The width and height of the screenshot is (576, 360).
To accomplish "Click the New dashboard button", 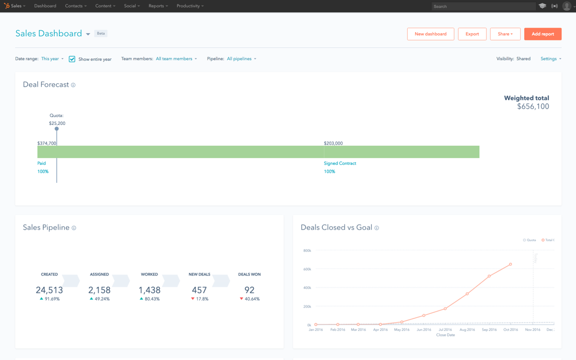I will click(430, 34).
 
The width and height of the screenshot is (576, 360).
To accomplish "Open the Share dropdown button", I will click(505, 34).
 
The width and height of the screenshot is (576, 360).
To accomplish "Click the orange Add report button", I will click(542, 34).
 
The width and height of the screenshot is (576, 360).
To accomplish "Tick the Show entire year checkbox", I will click(72, 59).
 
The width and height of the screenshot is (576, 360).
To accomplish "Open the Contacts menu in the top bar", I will click(75, 6).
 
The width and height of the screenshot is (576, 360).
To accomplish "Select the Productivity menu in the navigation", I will click(190, 6).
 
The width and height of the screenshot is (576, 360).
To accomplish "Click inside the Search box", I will click(483, 6).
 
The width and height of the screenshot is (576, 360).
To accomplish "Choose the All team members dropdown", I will click(176, 58).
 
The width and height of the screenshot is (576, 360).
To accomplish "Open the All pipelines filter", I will click(241, 58).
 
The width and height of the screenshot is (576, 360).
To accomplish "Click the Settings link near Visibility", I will click(550, 58).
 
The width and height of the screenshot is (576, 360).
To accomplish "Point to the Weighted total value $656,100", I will click(533, 106).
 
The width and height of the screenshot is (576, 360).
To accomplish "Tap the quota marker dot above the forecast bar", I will click(56, 129).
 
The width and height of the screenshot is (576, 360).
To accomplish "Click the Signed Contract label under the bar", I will click(340, 163).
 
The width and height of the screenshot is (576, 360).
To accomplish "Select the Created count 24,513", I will click(49, 290).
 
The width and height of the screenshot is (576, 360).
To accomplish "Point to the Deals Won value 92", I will click(249, 290).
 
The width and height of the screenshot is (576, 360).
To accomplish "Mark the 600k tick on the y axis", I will click(307, 269).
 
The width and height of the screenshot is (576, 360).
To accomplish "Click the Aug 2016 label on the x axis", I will click(467, 330).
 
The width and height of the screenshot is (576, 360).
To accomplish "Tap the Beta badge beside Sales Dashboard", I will click(101, 34).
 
